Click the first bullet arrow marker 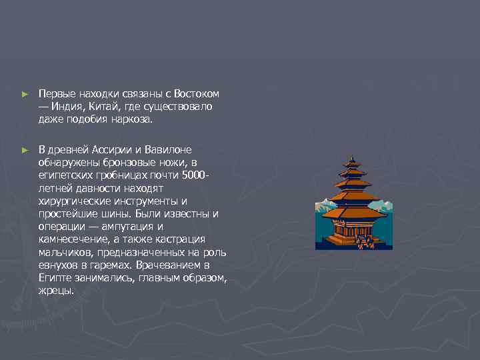tap(25, 95)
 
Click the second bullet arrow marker tap(25, 151)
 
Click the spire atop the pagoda tap(352, 161)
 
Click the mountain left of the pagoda tap(325, 202)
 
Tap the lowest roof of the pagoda tap(353, 214)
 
